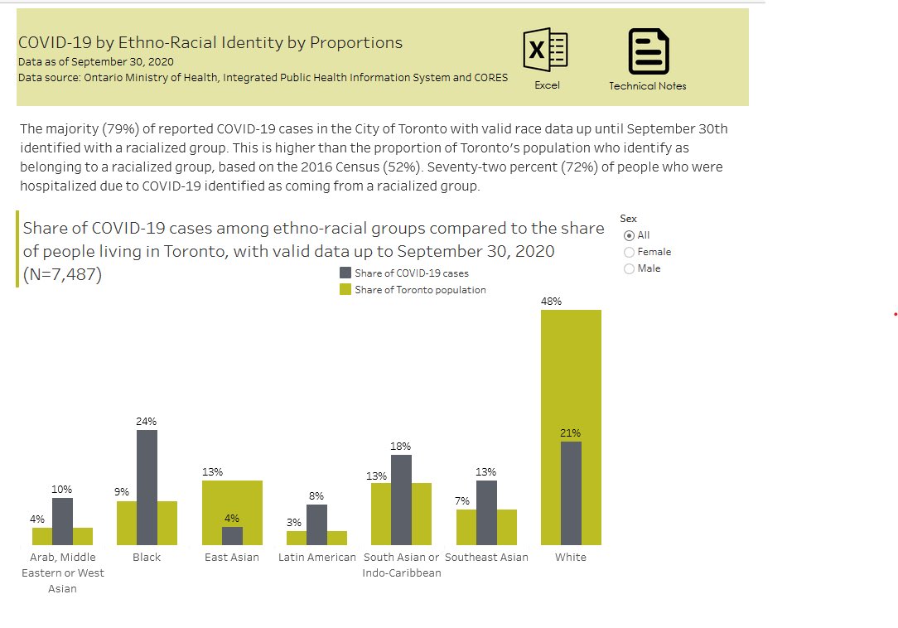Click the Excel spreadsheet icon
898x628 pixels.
point(546,51)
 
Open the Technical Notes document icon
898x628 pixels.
point(648,51)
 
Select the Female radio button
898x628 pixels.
point(629,252)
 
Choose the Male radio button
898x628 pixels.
point(629,268)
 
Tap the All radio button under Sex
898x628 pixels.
point(629,235)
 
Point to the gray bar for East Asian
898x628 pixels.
point(232,535)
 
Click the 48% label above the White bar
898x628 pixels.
point(551,302)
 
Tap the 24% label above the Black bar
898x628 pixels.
point(147,421)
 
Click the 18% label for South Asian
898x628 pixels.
point(401,446)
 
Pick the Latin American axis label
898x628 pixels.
point(317,558)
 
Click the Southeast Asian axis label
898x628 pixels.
point(486,558)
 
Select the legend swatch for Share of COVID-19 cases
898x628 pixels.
point(345,273)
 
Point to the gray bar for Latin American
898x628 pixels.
point(316,524)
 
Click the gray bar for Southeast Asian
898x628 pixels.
point(486,512)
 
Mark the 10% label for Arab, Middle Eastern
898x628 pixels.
point(62,490)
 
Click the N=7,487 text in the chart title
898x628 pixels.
point(62,275)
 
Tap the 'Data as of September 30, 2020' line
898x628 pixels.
point(96,62)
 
